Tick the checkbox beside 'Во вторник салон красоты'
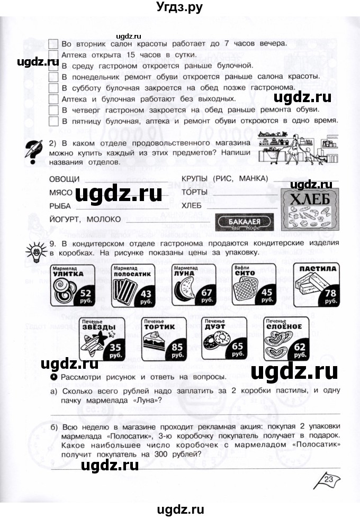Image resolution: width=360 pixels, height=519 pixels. pyautogui.click(x=53, y=43)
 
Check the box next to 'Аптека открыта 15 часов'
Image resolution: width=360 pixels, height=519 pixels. pyautogui.click(x=53, y=54)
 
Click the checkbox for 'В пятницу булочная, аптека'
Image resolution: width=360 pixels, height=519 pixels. pyautogui.click(x=53, y=121)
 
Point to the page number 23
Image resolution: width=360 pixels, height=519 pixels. pyautogui.click(x=329, y=480)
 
